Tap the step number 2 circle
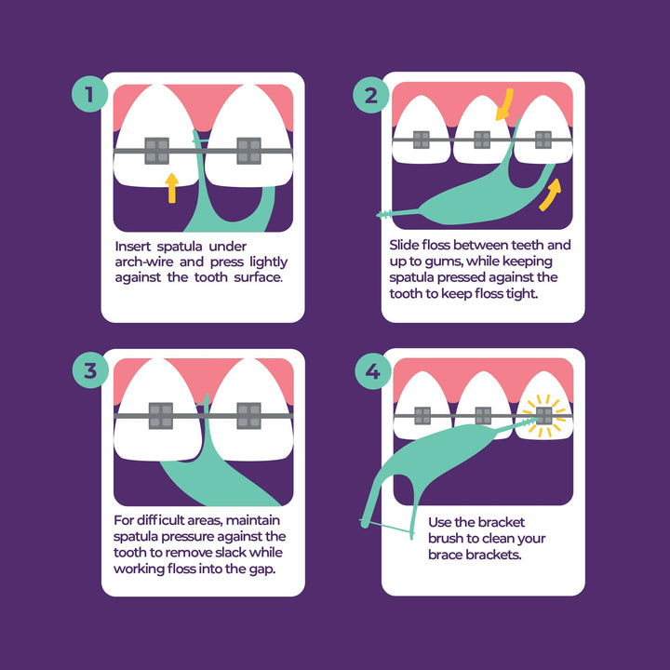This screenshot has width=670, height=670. [x=371, y=94]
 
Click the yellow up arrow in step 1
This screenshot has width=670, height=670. [x=170, y=186]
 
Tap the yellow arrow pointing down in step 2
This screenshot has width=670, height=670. [x=503, y=105]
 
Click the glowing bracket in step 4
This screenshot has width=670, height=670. [x=543, y=415]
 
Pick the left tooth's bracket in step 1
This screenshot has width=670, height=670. [x=156, y=151]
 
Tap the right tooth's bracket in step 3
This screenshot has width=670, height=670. [x=248, y=415]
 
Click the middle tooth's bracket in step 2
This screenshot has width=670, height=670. [x=482, y=140]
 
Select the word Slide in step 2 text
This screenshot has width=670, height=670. [x=405, y=245]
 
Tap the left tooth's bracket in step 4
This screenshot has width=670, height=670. [x=422, y=415]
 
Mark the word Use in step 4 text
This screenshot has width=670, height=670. [x=441, y=523]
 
